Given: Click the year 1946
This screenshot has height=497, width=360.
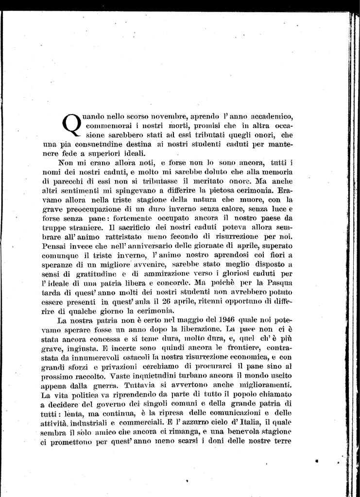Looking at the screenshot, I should pos(217,320).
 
